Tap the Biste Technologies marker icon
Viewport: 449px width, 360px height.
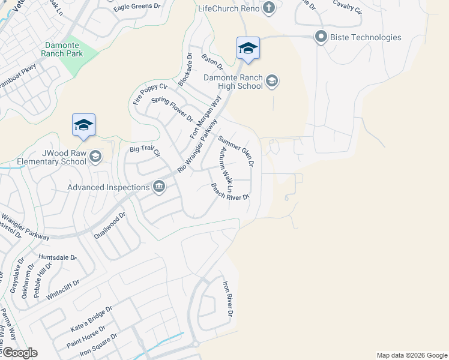(x=320, y=37)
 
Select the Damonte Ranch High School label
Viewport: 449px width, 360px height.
(x=233, y=82)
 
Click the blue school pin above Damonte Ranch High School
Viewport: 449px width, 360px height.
(x=248, y=49)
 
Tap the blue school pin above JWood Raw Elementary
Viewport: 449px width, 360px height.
(x=83, y=125)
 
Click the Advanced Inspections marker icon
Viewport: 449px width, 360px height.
(x=159, y=187)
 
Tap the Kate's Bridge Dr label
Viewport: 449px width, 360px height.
(x=92, y=320)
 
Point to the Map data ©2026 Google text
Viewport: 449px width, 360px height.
(x=411, y=355)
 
